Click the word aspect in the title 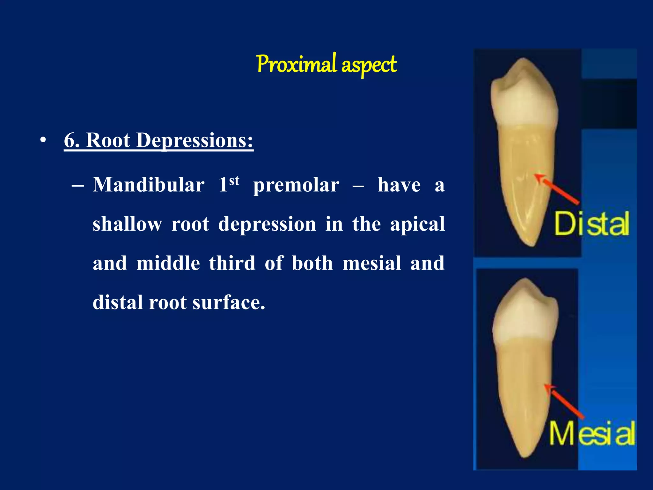pos(369,65)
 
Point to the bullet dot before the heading pos(43,140)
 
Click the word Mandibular pos(149,185)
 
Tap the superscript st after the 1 pos(234,181)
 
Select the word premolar pos(296,185)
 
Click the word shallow pos(127,224)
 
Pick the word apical pos(417,225)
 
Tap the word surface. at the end pos(229,302)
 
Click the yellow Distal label pos(591,224)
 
